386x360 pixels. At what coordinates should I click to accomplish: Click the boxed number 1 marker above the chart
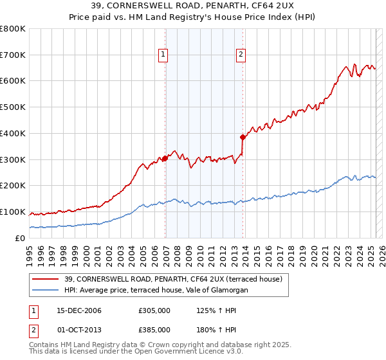pos(163,55)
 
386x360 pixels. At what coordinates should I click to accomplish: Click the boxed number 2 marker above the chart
pos(241,55)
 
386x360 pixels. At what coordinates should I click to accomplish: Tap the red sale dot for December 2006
pos(165,158)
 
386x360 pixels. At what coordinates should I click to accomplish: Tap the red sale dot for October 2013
pos(243,137)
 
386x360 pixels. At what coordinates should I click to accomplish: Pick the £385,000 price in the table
pos(154,330)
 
